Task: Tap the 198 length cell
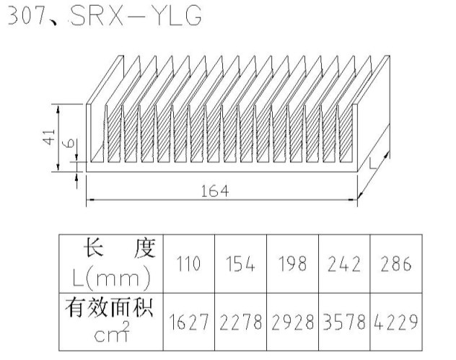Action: pos(292,264)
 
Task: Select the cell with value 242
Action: pos(343,264)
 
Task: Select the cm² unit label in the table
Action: pos(113,333)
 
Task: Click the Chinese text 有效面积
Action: pos(112,309)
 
